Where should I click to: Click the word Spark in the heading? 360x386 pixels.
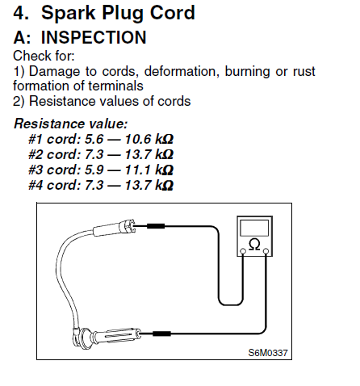(x=69, y=13)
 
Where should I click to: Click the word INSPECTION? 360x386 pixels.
(x=94, y=37)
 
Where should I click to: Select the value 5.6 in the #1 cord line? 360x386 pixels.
(x=94, y=139)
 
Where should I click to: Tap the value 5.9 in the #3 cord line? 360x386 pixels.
(x=94, y=170)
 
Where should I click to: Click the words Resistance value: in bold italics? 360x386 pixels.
(x=70, y=124)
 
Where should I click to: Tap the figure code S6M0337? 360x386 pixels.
(x=268, y=353)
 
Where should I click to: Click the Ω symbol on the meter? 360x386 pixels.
(x=254, y=245)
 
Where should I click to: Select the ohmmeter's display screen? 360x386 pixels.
(x=254, y=228)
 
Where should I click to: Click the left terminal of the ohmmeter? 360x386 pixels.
(x=243, y=251)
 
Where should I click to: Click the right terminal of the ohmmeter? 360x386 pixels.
(x=266, y=251)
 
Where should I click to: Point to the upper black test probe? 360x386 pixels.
(x=156, y=226)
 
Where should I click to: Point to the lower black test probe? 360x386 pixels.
(x=161, y=334)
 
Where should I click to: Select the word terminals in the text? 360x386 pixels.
(x=115, y=86)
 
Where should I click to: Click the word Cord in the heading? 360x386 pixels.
(x=173, y=13)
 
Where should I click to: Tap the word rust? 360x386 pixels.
(x=304, y=72)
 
